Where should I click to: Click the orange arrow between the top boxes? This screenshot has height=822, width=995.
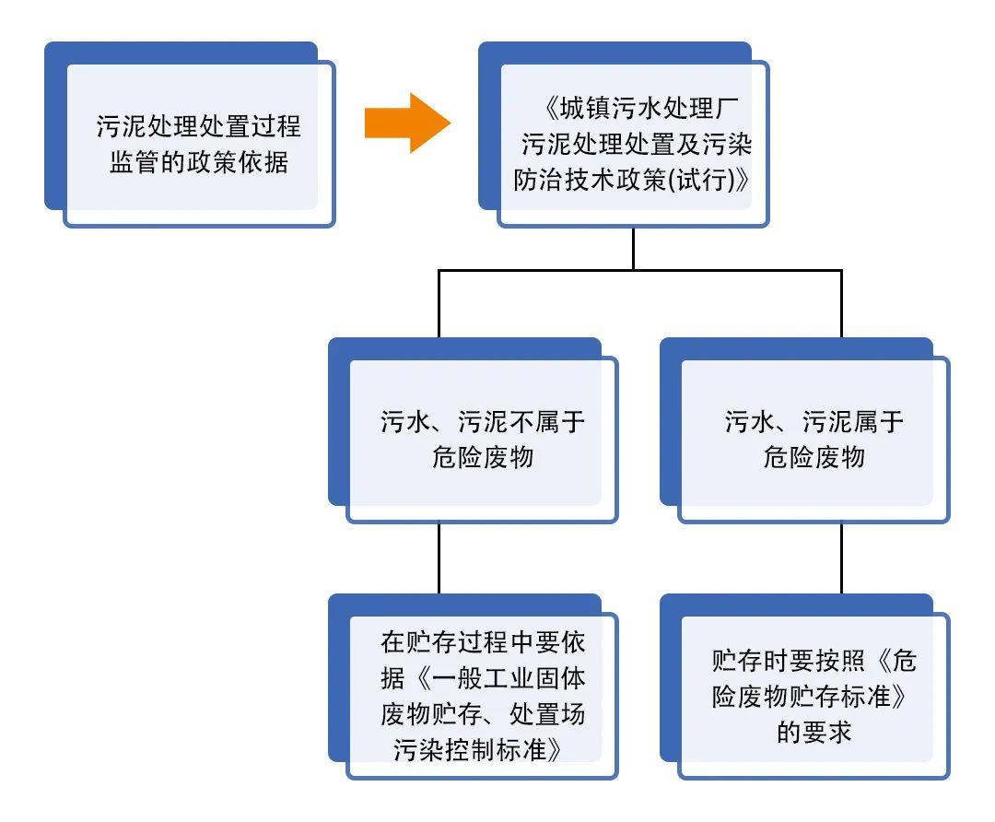tap(405, 123)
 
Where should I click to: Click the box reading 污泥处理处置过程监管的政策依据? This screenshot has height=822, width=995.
tap(198, 143)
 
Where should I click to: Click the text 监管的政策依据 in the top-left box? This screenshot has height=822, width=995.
tap(199, 162)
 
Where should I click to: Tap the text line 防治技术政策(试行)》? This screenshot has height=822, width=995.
tap(632, 180)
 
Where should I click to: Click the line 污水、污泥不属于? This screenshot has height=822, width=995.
tap(483, 422)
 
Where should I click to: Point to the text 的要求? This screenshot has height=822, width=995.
tap(814, 732)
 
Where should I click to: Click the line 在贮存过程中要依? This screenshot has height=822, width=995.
tap(483, 642)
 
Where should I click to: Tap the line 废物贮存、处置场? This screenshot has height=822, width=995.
tap(483, 714)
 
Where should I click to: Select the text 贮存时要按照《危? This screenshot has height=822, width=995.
tap(814, 661)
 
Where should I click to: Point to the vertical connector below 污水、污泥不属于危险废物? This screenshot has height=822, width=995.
tap(439, 558)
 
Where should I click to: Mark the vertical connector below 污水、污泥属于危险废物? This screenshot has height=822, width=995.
tap(841, 558)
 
